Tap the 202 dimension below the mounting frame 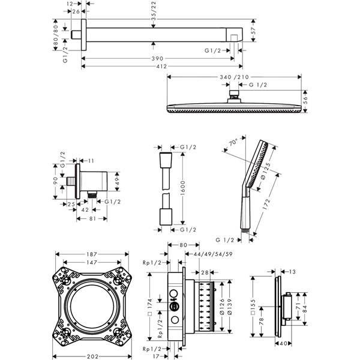click(92, 357)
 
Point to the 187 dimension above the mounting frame click(92, 254)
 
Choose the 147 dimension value click(92, 262)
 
